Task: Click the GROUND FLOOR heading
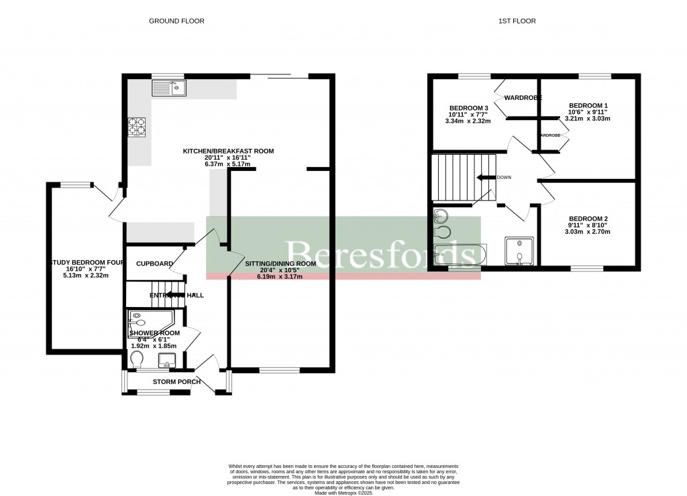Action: point(176,21)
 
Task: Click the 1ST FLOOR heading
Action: point(517,21)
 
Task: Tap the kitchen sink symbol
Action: point(169,87)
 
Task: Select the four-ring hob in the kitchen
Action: point(138,127)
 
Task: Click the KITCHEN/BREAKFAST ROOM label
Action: point(229,151)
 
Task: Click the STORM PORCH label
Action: point(176,382)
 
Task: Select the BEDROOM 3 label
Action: point(468,108)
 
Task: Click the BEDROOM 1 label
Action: point(588,105)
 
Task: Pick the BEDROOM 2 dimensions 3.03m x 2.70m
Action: point(588,231)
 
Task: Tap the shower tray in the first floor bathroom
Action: point(519,251)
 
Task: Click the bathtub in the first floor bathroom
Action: point(458,255)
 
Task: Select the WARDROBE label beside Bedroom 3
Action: point(523,97)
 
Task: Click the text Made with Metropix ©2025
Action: point(343,491)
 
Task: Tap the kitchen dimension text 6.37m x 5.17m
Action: point(229,164)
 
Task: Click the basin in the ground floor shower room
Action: point(166,363)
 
